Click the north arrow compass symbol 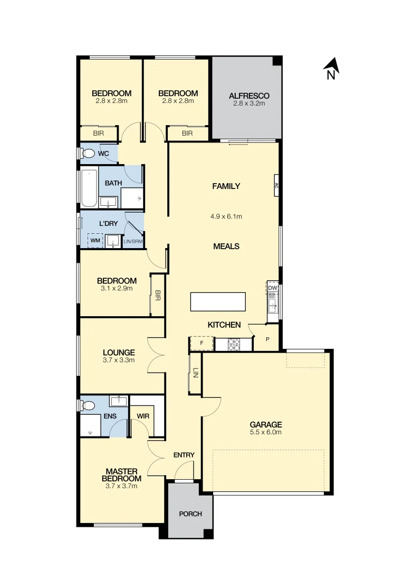(331, 68)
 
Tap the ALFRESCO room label (249, 96)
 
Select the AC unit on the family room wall (275, 185)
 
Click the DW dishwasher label (272, 288)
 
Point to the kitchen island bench (218, 302)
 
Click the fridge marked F (201, 344)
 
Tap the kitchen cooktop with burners (234, 344)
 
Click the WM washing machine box (95, 241)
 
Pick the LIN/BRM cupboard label (132, 241)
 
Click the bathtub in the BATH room (88, 188)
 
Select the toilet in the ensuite (88, 405)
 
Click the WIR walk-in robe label (143, 416)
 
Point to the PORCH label (190, 514)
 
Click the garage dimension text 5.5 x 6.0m (266, 432)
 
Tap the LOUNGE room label (119, 353)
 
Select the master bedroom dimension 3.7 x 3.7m (122, 486)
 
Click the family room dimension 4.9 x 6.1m (226, 216)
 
